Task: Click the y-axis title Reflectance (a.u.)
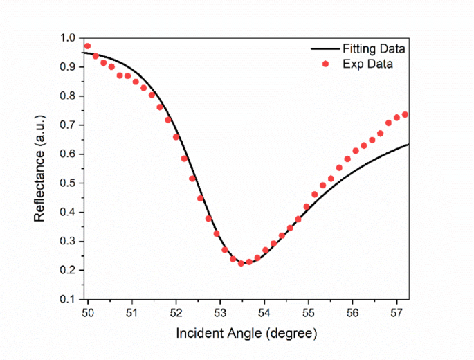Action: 40,168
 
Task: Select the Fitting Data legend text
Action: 373,49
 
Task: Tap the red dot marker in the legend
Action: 325,64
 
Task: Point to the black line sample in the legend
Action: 325,49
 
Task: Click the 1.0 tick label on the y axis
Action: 68,38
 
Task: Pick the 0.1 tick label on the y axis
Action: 68,299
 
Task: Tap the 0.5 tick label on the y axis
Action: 68,183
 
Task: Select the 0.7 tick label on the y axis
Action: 68,125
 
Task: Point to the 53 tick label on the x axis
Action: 220,312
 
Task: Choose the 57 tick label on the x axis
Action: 396,312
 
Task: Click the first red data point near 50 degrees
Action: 87,46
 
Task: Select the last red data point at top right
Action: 405,114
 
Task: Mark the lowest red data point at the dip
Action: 241,263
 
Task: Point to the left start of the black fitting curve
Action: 82,53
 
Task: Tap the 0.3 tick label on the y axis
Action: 68,242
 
